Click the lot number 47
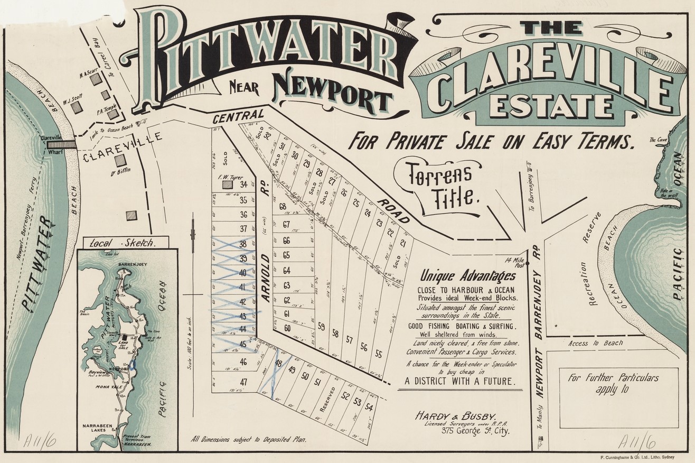[243, 382]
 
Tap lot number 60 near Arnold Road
[287, 328]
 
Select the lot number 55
[378, 354]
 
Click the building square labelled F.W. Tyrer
[227, 184]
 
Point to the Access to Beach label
[595, 344]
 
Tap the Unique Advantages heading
[459, 275]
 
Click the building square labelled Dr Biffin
[121, 160]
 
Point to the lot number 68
[283, 206]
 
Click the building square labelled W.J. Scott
[77, 107]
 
